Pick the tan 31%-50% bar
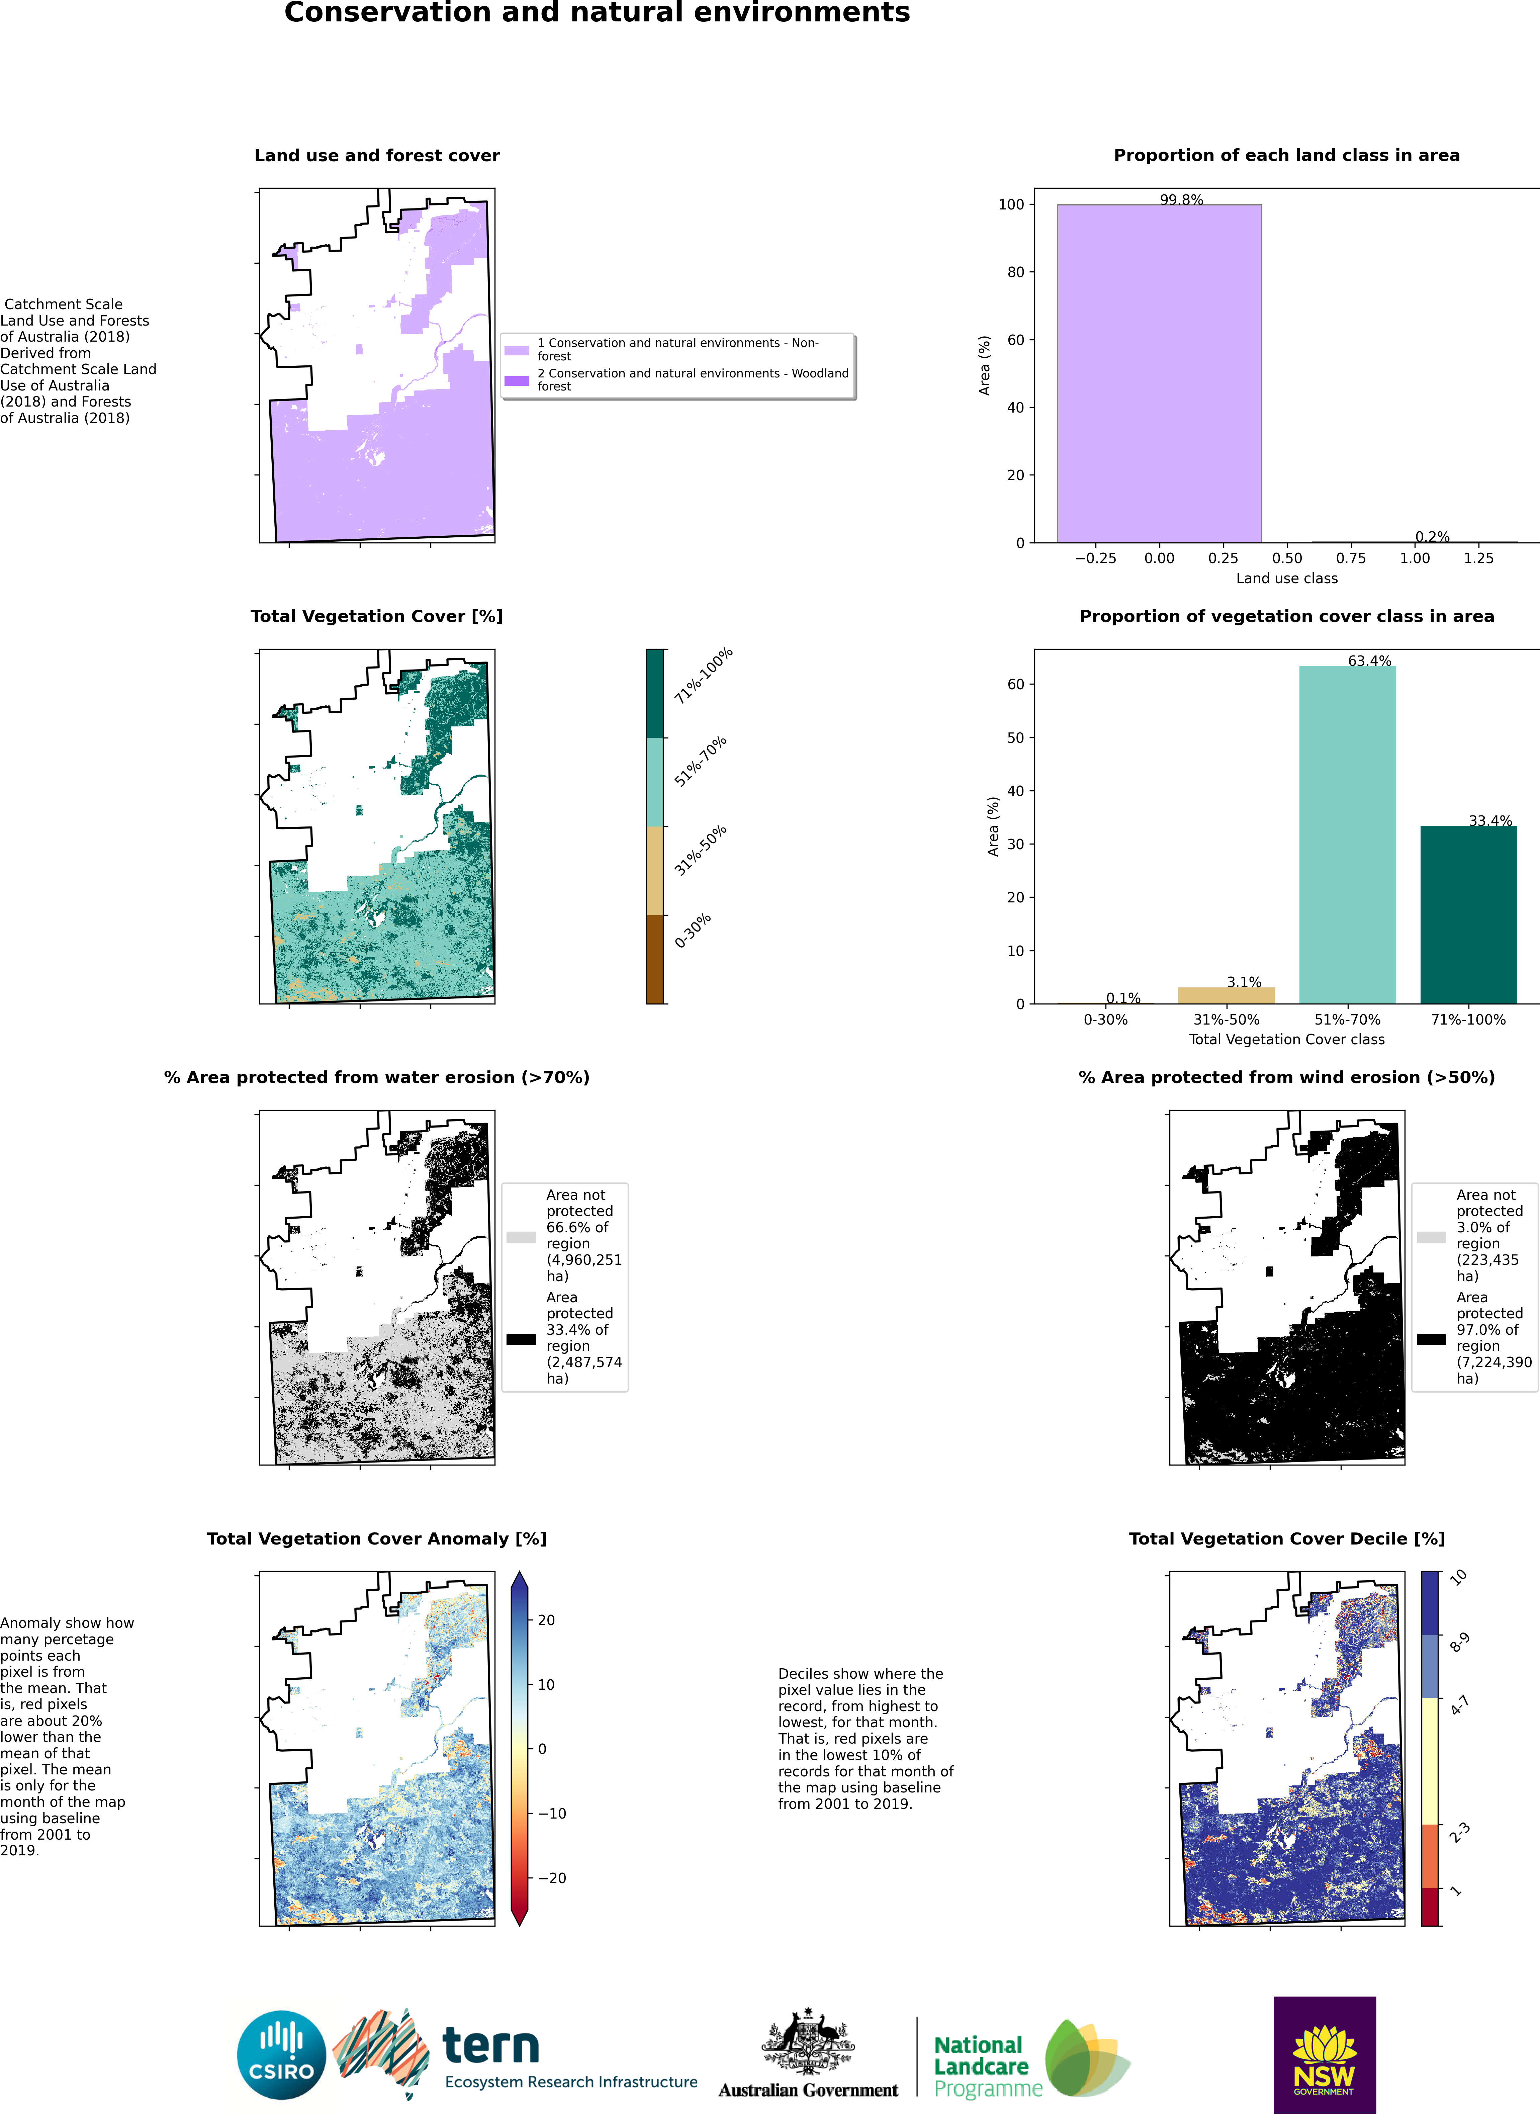[x=1227, y=995]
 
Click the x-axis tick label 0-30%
[x=1106, y=1020]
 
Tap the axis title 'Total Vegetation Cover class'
[x=1286, y=1039]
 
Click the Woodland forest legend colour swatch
[x=517, y=380]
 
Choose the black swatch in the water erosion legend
[x=521, y=1339]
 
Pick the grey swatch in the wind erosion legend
[x=1431, y=1237]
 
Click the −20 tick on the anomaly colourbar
[x=552, y=1878]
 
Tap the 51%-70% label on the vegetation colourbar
[x=700, y=762]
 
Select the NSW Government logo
[x=1325, y=2054]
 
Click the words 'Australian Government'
[x=808, y=2090]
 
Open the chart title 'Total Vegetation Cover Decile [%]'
[x=1286, y=1539]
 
